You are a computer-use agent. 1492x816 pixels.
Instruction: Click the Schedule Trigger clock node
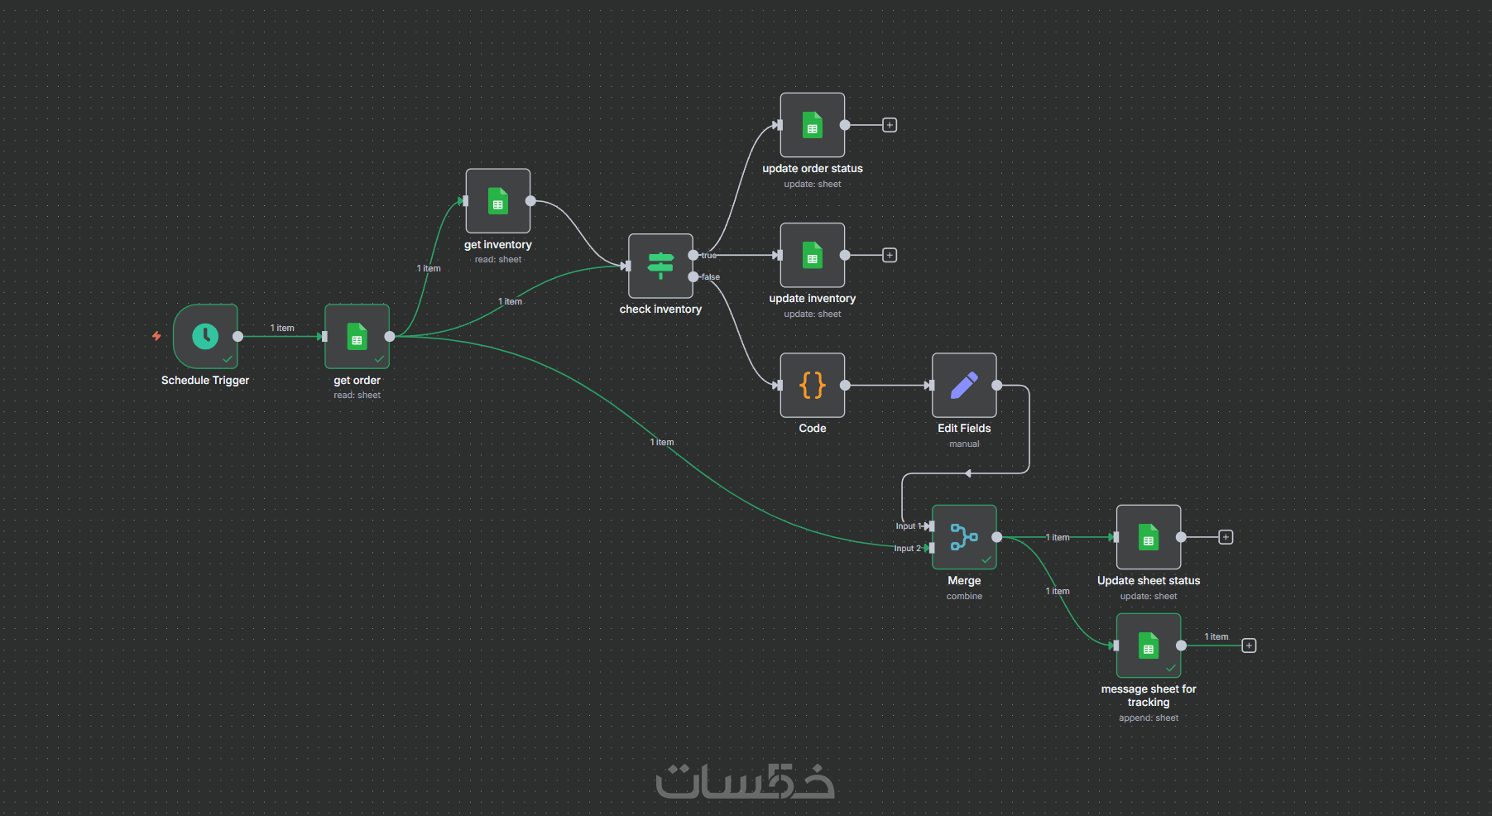(205, 336)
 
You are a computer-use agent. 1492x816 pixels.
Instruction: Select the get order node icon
(357, 336)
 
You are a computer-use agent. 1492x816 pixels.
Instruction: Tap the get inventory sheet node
(497, 201)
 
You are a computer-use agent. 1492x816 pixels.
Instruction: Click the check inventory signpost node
(660, 266)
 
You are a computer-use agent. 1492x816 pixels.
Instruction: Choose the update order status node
(812, 125)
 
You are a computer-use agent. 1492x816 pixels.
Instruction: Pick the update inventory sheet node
(812, 255)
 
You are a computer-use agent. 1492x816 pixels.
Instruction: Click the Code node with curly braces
(812, 385)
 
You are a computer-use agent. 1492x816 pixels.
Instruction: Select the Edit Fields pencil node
(964, 385)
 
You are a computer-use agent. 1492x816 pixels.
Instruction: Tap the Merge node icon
(964, 537)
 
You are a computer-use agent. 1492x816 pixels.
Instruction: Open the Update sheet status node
(1148, 537)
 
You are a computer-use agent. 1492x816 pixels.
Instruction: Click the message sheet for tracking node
(1148, 646)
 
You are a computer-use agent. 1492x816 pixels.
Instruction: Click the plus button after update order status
(890, 125)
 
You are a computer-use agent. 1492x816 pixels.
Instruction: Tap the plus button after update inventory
(890, 255)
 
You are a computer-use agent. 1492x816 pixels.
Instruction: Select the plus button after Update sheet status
(1226, 537)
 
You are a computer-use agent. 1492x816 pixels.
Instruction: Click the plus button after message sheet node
(1249, 646)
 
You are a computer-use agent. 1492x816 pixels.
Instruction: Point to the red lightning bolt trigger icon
(156, 336)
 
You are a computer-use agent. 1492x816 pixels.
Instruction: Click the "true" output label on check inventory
(709, 256)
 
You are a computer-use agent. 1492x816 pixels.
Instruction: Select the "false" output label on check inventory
(711, 277)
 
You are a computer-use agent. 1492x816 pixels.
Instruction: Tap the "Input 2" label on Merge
(907, 549)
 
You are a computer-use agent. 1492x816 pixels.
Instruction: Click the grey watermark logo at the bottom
(745, 780)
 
